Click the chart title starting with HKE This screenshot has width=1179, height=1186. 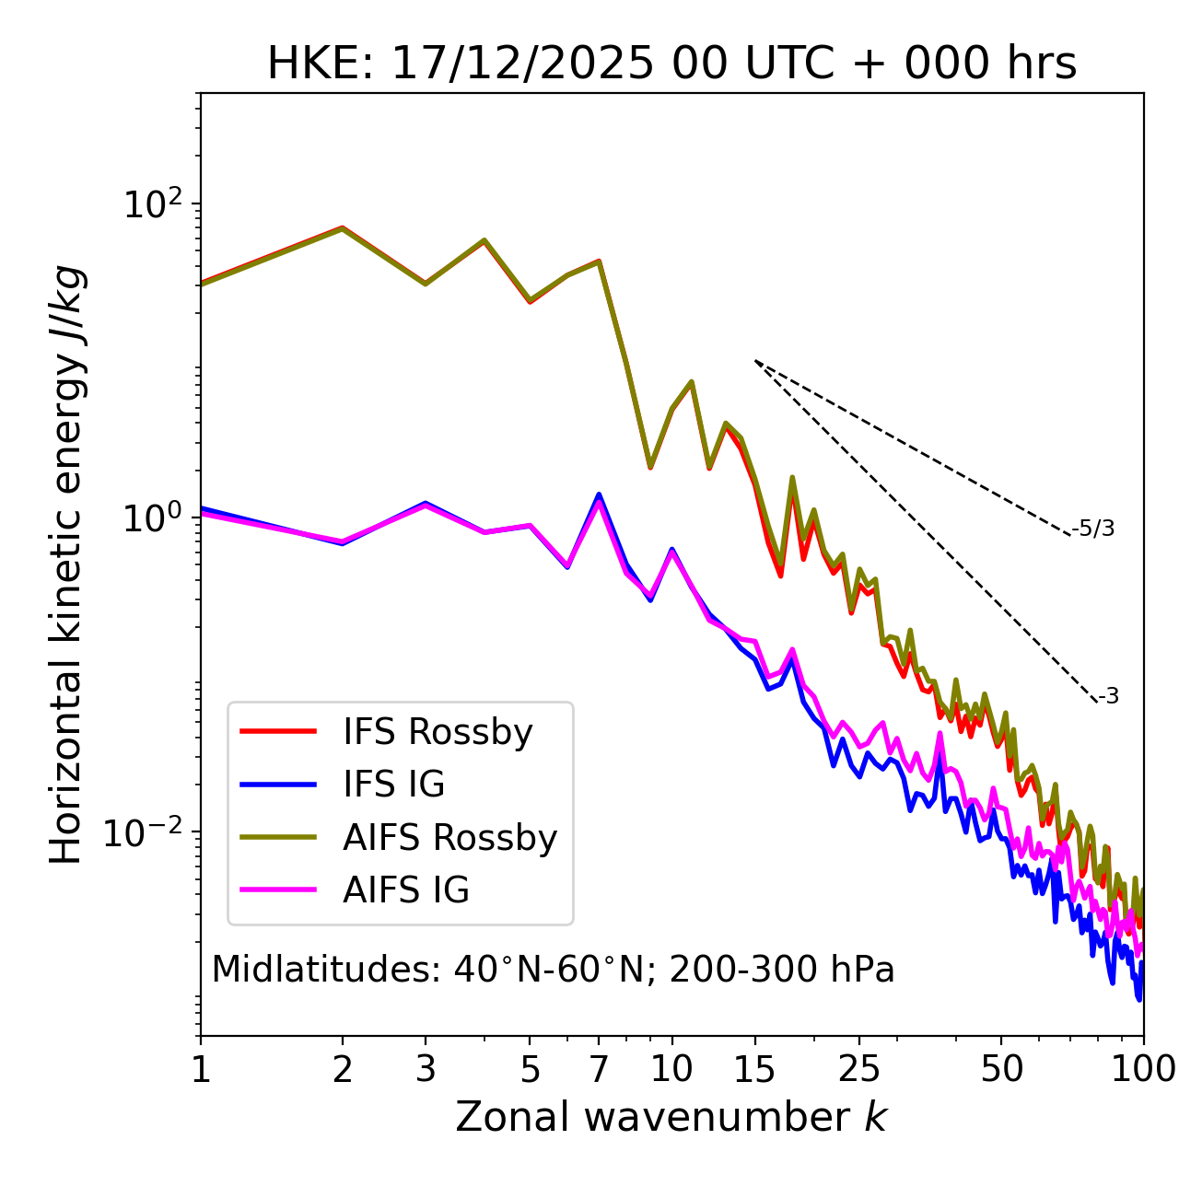point(671,64)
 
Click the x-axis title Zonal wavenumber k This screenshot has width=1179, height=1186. point(671,1117)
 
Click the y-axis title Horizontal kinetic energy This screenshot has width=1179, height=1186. point(67,565)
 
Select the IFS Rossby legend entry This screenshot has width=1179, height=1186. point(438,732)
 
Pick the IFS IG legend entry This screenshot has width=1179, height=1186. point(393,785)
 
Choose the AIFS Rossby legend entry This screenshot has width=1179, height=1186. point(449,838)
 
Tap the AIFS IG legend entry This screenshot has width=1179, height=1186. point(406,890)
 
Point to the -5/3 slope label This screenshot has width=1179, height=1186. point(1093,529)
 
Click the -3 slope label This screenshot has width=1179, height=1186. point(1108,697)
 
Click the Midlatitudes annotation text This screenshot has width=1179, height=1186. point(553,970)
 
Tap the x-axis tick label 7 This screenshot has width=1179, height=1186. point(599,1069)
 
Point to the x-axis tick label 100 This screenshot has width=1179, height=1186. point(1143,1069)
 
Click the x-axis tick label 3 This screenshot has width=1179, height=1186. point(425,1069)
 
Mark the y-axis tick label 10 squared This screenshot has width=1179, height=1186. point(152,203)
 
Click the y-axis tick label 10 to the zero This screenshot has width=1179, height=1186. point(152,518)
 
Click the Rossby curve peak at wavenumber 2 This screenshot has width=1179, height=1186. point(343,227)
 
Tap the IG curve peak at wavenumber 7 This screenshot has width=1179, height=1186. point(599,495)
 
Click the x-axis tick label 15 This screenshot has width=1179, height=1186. point(754,1069)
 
